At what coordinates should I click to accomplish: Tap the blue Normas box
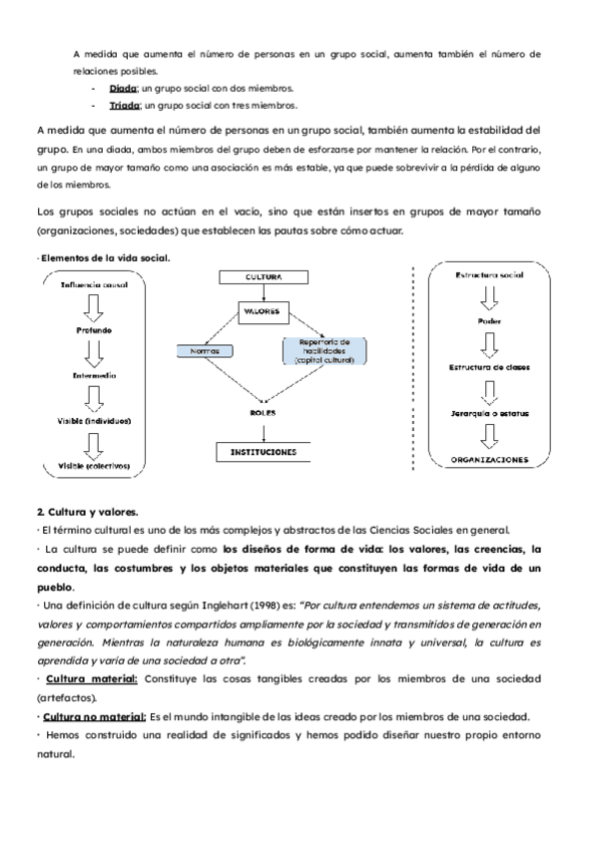[205, 351]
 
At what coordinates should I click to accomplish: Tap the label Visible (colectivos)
[92, 465]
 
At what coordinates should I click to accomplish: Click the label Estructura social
[489, 273]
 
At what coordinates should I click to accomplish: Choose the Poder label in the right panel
[489, 321]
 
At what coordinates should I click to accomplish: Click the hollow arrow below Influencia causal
[92, 304]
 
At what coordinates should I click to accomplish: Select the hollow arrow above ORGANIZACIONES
[489, 437]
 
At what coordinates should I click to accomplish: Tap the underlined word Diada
[123, 88]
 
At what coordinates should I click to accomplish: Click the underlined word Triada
[124, 105]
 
